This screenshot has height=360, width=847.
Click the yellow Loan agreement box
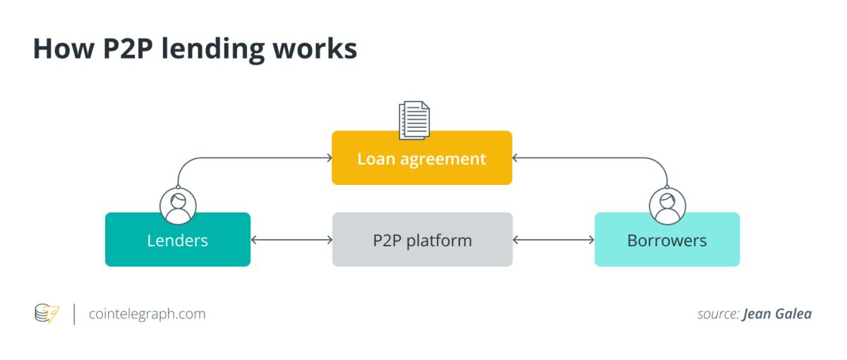(422, 157)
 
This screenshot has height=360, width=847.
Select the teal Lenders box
(178, 239)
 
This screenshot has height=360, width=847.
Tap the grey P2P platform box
(422, 239)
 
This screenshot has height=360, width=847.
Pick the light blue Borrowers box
(667, 239)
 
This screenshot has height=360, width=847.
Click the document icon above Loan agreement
(414, 120)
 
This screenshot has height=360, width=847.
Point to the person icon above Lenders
(178, 206)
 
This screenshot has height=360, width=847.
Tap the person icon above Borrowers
(668, 206)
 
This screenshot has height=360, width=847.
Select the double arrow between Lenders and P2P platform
(292, 240)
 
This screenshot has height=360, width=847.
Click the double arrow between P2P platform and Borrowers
(553, 240)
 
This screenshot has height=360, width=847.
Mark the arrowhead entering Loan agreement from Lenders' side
(330, 157)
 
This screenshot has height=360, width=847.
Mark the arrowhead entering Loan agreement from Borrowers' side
(515, 157)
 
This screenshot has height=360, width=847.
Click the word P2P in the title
(128, 49)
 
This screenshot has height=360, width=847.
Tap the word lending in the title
(213, 50)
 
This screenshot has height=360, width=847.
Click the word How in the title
(64, 49)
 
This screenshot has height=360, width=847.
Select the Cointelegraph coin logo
(47, 313)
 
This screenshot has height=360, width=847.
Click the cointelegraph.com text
(147, 314)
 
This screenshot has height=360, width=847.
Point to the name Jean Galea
(777, 314)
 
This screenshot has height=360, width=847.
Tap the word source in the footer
(718, 314)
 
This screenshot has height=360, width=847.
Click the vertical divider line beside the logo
(74, 314)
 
